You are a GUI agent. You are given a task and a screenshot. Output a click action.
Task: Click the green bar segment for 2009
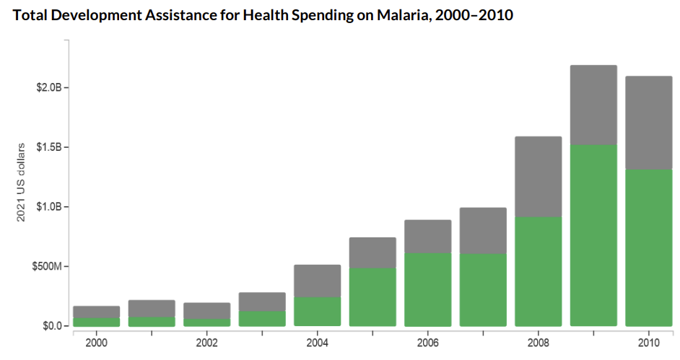(x=593, y=235)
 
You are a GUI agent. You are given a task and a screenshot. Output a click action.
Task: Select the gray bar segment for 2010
(x=649, y=123)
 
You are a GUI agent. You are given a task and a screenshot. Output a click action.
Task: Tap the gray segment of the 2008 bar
(x=539, y=177)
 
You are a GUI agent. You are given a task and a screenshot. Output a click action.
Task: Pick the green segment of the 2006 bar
(x=428, y=289)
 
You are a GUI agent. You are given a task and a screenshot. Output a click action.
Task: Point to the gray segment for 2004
(x=318, y=281)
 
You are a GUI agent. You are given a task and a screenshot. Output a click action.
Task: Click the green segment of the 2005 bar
(x=372, y=297)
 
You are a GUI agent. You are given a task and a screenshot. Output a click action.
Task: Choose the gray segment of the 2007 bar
(x=483, y=231)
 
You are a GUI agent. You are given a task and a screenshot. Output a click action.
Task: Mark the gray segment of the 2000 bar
(x=97, y=312)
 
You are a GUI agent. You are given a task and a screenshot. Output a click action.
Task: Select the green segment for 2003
(x=262, y=319)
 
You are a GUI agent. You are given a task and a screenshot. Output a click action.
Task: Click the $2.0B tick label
(x=48, y=88)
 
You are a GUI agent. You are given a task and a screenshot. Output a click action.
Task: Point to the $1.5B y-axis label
(x=48, y=147)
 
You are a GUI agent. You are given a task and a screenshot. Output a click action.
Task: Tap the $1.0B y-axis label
(x=48, y=207)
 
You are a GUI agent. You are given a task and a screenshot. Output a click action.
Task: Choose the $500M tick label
(x=47, y=267)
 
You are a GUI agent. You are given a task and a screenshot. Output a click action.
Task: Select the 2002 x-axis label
(x=207, y=342)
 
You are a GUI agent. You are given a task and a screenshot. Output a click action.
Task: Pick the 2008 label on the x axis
(x=539, y=342)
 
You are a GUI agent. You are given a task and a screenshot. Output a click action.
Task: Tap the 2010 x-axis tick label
(x=649, y=342)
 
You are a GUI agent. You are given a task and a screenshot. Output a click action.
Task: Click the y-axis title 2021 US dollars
(x=22, y=182)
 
